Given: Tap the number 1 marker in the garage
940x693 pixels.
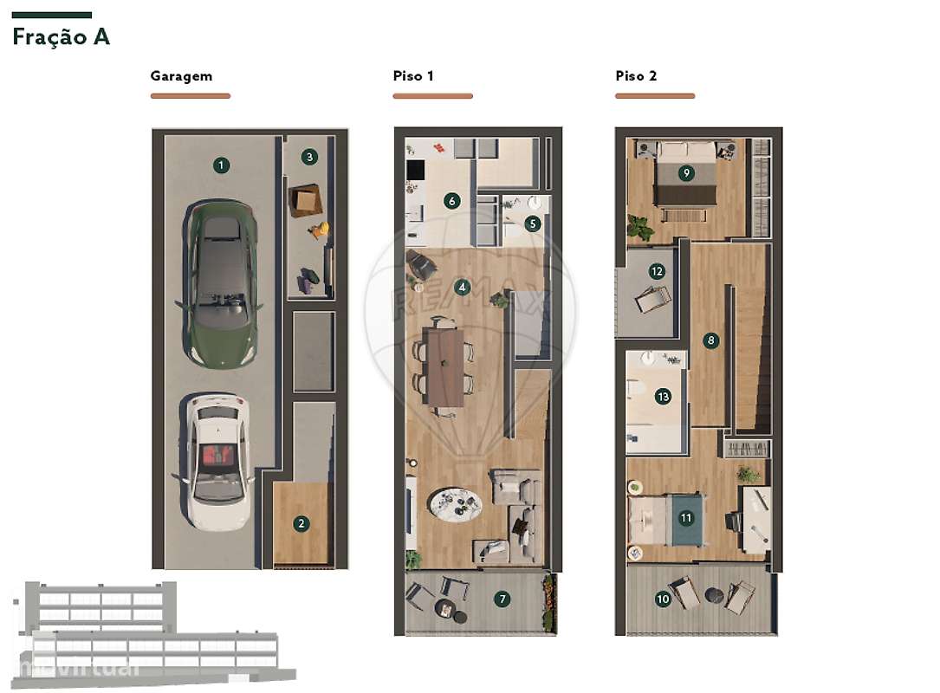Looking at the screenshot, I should (x=222, y=165).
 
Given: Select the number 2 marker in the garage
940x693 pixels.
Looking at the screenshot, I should (x=301, y=523).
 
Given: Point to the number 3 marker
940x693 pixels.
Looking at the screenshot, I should (x=309, y=157).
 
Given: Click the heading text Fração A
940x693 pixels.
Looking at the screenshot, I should (x=61, y=37).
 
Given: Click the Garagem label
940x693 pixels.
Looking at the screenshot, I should (x=181, y=76).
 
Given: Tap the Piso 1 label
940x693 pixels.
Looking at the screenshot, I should (x=413, y=76).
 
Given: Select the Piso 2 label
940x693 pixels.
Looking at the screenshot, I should (x=636, y=76).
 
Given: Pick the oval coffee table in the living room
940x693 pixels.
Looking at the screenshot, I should (x=457, y=502).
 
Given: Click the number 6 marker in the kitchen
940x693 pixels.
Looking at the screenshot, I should (x=451, y=201).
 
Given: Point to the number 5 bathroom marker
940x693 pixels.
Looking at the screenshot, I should (x=533, y=223).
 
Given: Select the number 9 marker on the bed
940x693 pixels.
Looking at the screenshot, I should (x=686, y=172).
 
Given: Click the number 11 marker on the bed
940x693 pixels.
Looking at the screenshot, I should (x=686, y=518).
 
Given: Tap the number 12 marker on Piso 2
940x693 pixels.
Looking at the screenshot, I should (x=657, y=271).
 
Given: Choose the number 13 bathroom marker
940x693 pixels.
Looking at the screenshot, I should (x=663, y=397).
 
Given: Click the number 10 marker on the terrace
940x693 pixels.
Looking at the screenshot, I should (x=663, y=599).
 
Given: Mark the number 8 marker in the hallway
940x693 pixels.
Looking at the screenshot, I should (x=711, y=340).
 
